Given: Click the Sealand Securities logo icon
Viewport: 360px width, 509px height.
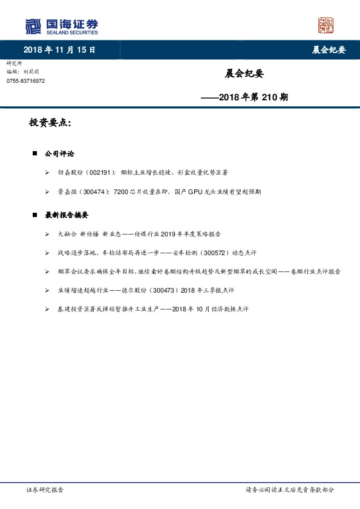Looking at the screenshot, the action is pyautogui.click(x=33, y=26).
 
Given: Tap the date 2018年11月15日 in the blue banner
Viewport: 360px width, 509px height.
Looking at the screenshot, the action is pyautogui.click(x=59, y=50).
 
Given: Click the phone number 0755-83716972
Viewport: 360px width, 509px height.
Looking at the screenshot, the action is pyautogui.click(x=25, y=80).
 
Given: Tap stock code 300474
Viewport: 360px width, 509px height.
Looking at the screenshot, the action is pyautogui.click(x=93, y=192).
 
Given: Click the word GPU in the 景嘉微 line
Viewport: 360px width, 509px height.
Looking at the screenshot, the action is pyautogui.click(x=195, y=192).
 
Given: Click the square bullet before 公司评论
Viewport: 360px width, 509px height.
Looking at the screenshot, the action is pyautogui.click(x=34, y=154).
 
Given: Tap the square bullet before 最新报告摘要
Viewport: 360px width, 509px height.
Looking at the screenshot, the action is pyautogui.click(x=34, y=215).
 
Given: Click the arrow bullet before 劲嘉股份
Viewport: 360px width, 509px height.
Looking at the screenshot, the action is pyautogui.click(x=47, y=173).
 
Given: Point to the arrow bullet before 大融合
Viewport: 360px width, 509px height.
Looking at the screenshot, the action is pyautogui.click(x=47, y=233).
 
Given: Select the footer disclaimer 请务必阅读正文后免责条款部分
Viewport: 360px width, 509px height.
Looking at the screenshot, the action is pyautogui.click(x=289, y=490).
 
